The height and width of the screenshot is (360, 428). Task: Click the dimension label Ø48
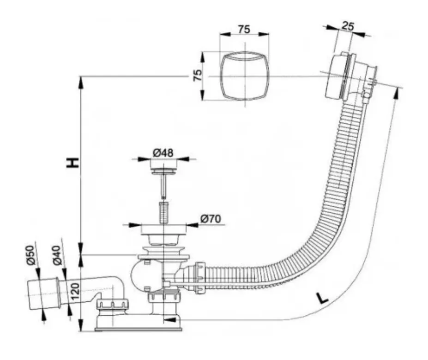(x=163, y=153)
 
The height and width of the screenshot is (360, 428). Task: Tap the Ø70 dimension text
(x=210, y=219)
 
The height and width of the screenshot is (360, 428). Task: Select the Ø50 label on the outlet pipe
(x=30, y=255)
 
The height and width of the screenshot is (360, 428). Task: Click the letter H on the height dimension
(x=73, y=162)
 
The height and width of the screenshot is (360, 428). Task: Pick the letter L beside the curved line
(x=322, y=298)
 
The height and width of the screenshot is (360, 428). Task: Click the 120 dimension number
(x=75, y=291)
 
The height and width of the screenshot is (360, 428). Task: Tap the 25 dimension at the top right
(x=348, y=26)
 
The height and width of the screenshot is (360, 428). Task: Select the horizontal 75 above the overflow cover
(x=244, y=29)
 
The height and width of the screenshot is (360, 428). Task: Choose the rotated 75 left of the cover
(x=197, y=75)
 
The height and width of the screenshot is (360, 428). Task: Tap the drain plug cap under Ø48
(x=164, y=171)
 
